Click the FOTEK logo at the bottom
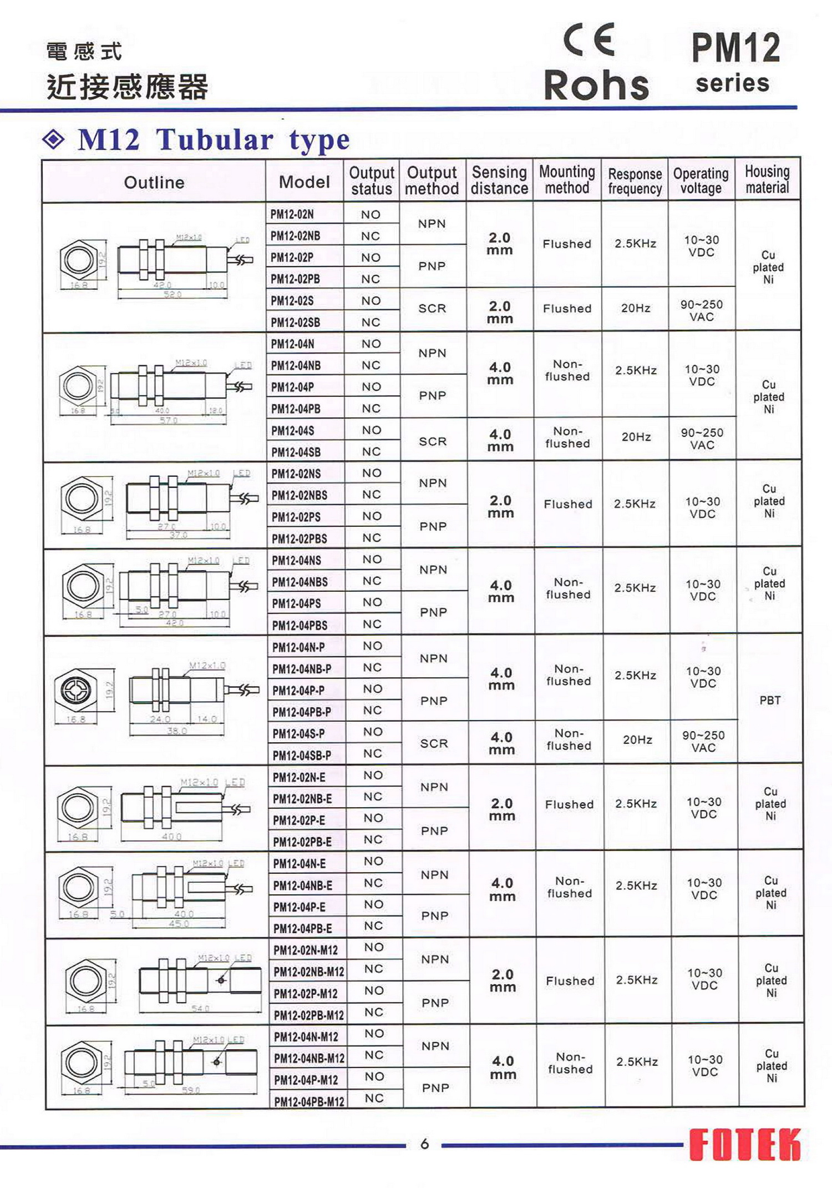(x=744, y=1144)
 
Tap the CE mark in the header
(x=589, y=40)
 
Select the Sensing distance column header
(x=499, y=180)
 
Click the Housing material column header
(x=767, y=179)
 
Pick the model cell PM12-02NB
(x=295, y=236)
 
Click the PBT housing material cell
(x=770, y=701)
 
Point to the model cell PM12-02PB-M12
(x=308, y=1015)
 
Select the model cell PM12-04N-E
(x=300, y=864)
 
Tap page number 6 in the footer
(x=424, y=1144)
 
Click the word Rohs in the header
(x=596, y=85)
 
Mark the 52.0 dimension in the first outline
(x=173, y=294)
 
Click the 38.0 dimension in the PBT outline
(x=177, y=731)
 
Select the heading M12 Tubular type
(x=214, y=139)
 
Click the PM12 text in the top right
(x=735, y=48)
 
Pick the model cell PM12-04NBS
(x=300, y=582)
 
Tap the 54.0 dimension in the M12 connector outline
(x=200, y=1009)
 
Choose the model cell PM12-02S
(x=292, y=301)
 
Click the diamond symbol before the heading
(x=53, y=139)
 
